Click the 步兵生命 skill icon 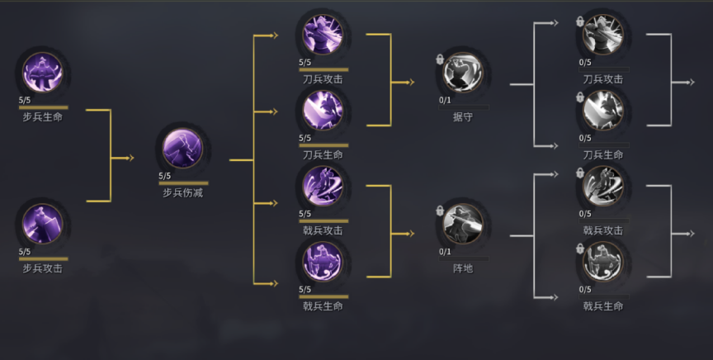pyautogui.click(x=43, y=73)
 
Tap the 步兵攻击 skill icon pyautogui.click(x=43, y=224)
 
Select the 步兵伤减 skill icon pyautogui.click(x=183, y=148)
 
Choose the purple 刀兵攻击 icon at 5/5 pyautogui.click(x=323, y=35)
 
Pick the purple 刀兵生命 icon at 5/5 pyautogui.click(x=323, y=110)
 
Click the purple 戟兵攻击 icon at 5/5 pyautogui.click(x=323, y=186)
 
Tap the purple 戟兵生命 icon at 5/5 pyautogui.click(x=323, y=262)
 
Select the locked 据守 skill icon pyautogui.click(x=463, y=73)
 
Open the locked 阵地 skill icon pyautogui.click(x=463, y=224)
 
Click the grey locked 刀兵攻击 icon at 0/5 pyautogui.click(x=603, y=35)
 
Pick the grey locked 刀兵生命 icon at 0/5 pyautogui.click(x=603, y=110)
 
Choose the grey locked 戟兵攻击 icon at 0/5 pyautogui.click(x=603, y=186)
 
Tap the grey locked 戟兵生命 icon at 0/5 pyautogui.click(x=603, y=262)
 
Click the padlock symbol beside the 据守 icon pyautogui.click(x=440, y=59)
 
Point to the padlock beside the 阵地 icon pyautogui.click(x=440, y=211)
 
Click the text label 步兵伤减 pyautogui.click(x=183, y=193)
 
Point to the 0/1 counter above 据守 pyautogui.click(x=445, y=100)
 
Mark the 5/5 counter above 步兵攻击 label pyautogui.click(x=25, y=252)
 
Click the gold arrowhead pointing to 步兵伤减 pyautogui.click(x=131, y=158)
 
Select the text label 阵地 pyautogui.click(x=463, y=268)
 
